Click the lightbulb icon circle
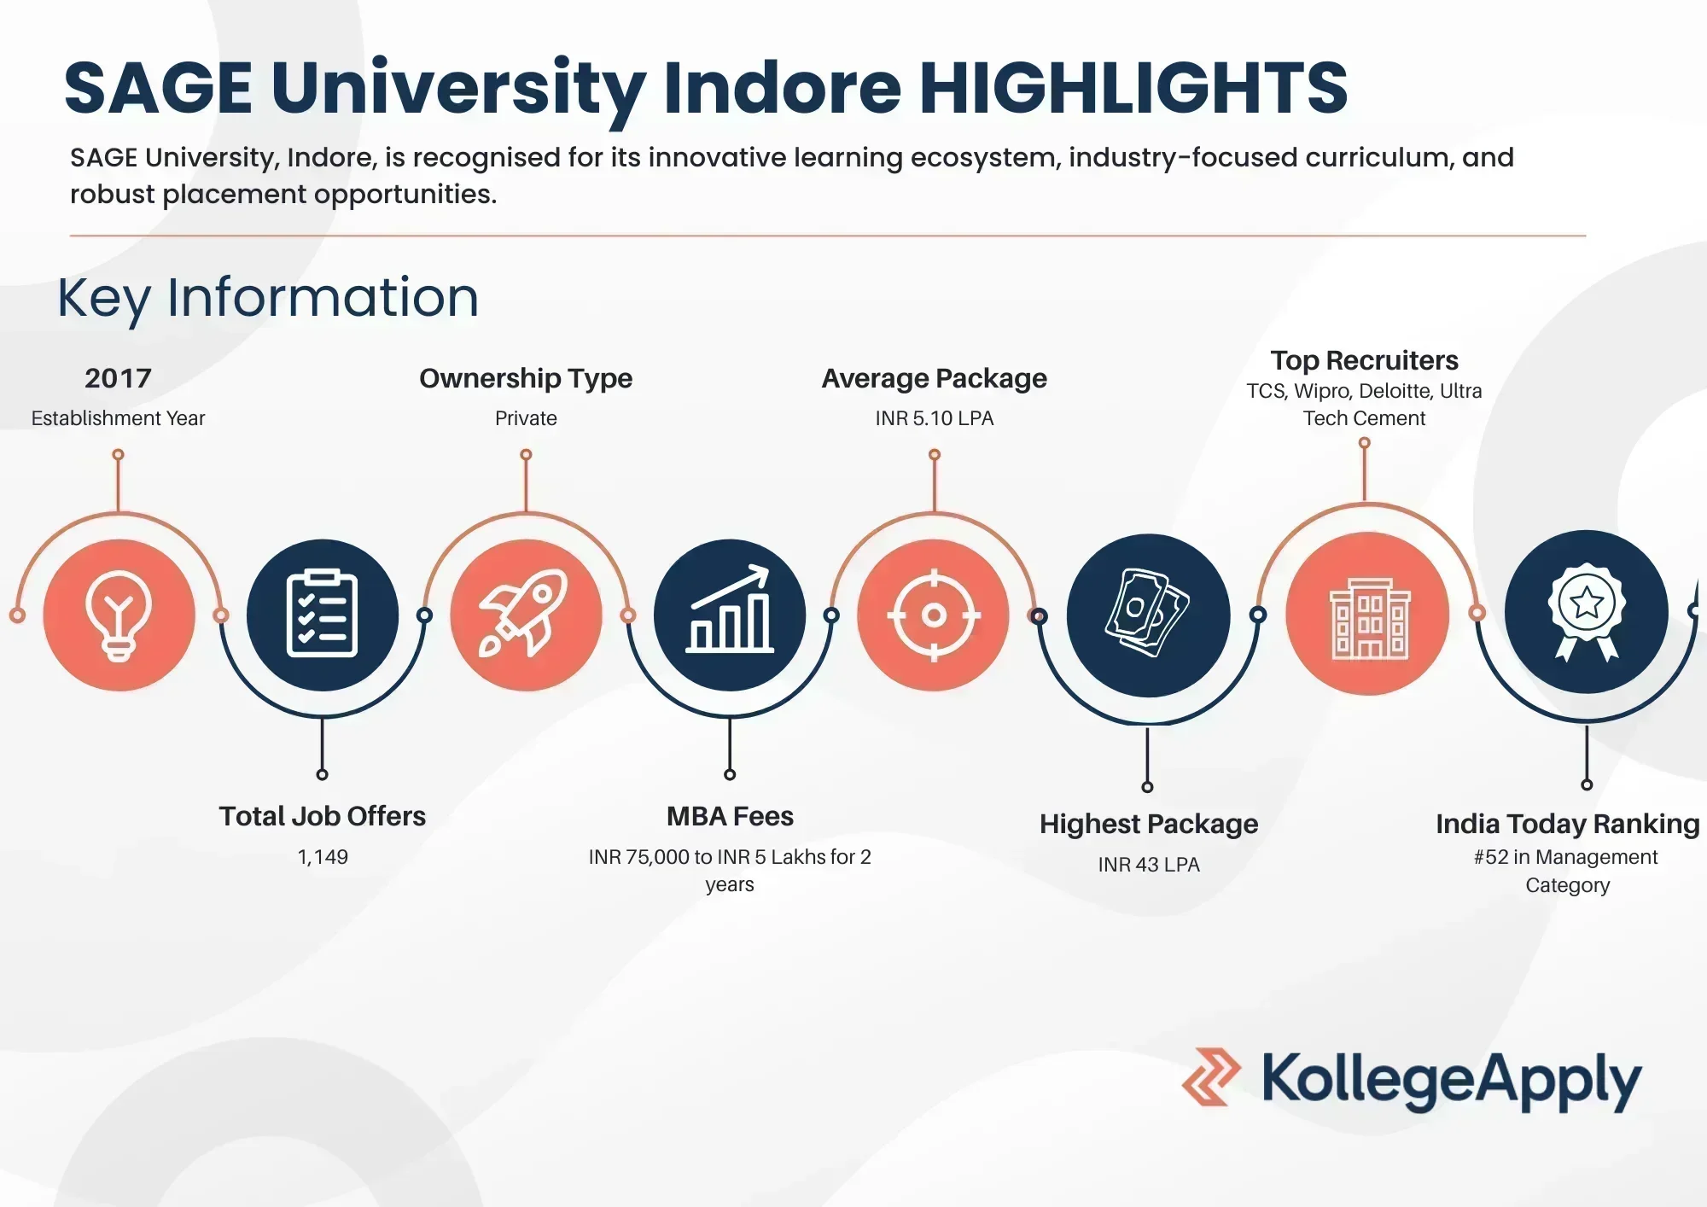(x=119, y=615)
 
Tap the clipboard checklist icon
(x=322, y=615)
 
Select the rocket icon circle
(x=526, y=615)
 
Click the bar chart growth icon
(x=730, y=615)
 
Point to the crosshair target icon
(x=934, y=615)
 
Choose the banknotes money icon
(x=1148, y=615)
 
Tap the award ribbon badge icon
(x=1586, y=611)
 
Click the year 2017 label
(x=118, y=378)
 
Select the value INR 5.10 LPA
(x=934, y=418)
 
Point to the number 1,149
(x=323, y=857)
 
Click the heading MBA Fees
(x=730, y=817)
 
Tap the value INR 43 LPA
(x=1148, y=865)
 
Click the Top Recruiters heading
(x=1364, y=360)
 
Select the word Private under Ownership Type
(x=526, y=418)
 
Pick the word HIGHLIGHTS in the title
(x=1133, y=88)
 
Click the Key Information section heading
(x=268, y=298)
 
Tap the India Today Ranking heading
(x=1567, y=824)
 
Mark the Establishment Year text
(x=118, y=418)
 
